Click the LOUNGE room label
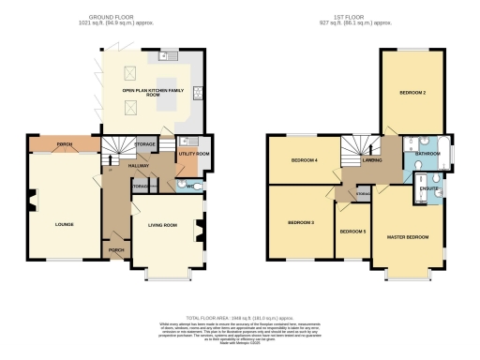tap(65, 224)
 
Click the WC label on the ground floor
tap(190, 187)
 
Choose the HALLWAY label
tap(127, 163)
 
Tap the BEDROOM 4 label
tap(305, 160)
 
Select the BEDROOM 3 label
tap(300, 222)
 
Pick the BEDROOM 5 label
tap(352, 231)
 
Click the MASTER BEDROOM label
tap(408, 237)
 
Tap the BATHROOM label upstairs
tap(427, 153)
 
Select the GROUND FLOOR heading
tap(111, 17)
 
